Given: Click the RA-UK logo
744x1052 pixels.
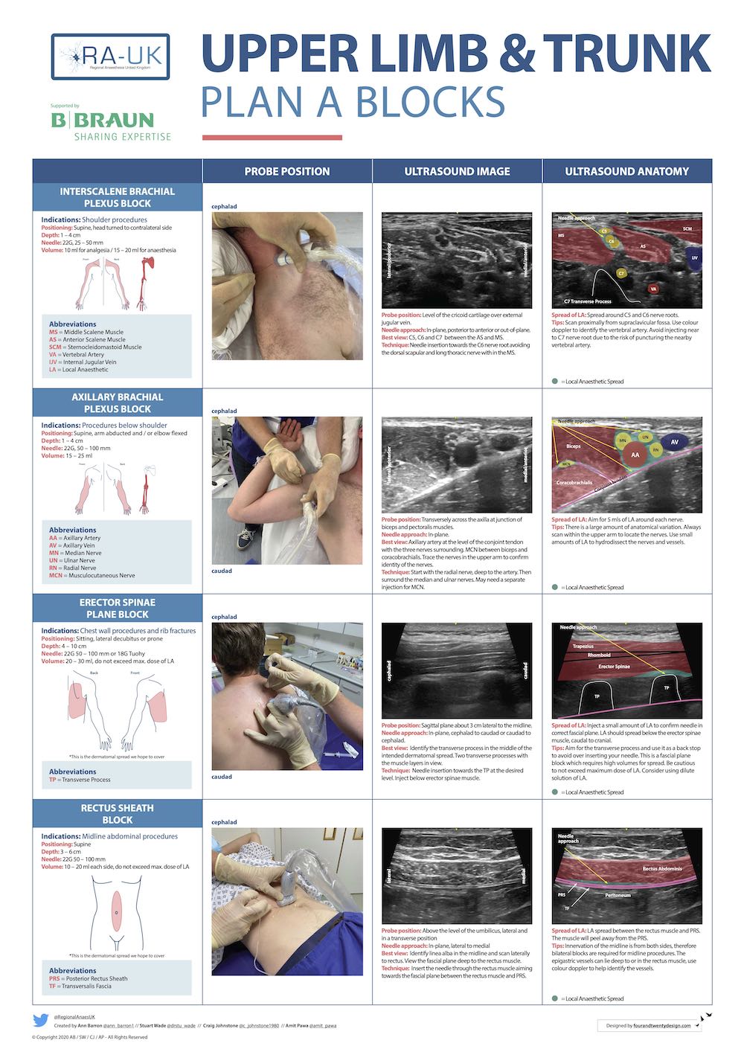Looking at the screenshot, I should [110, 57].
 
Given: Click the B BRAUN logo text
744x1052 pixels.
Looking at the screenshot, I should [102, 121].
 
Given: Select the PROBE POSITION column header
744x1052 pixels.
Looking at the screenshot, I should [287, 171].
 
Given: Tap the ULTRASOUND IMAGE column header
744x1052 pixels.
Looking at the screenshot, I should [457, 171].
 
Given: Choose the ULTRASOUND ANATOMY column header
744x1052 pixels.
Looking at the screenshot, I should [626, 171].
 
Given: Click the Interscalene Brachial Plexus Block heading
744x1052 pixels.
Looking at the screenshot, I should [118, 197].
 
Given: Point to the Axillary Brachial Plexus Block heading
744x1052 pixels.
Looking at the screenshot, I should [118, 402].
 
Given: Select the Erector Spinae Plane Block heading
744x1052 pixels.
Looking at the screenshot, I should [118, 608].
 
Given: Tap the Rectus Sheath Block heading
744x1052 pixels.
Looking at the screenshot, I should [118, 813].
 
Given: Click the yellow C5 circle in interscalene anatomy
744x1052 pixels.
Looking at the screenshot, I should [603, 231].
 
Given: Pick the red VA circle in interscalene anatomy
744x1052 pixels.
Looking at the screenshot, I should [653, 289].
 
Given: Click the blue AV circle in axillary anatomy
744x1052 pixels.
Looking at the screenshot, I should [674, 442].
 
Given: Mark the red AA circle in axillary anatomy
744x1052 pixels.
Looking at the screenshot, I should [635, 455].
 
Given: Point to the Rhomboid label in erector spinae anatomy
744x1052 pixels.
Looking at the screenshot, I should [599, 655].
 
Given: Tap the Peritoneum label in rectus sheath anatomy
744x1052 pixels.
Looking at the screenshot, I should [618, 895].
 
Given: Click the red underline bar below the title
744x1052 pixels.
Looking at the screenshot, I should [272, 138].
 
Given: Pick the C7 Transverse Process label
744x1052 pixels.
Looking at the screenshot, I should [587, 301].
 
